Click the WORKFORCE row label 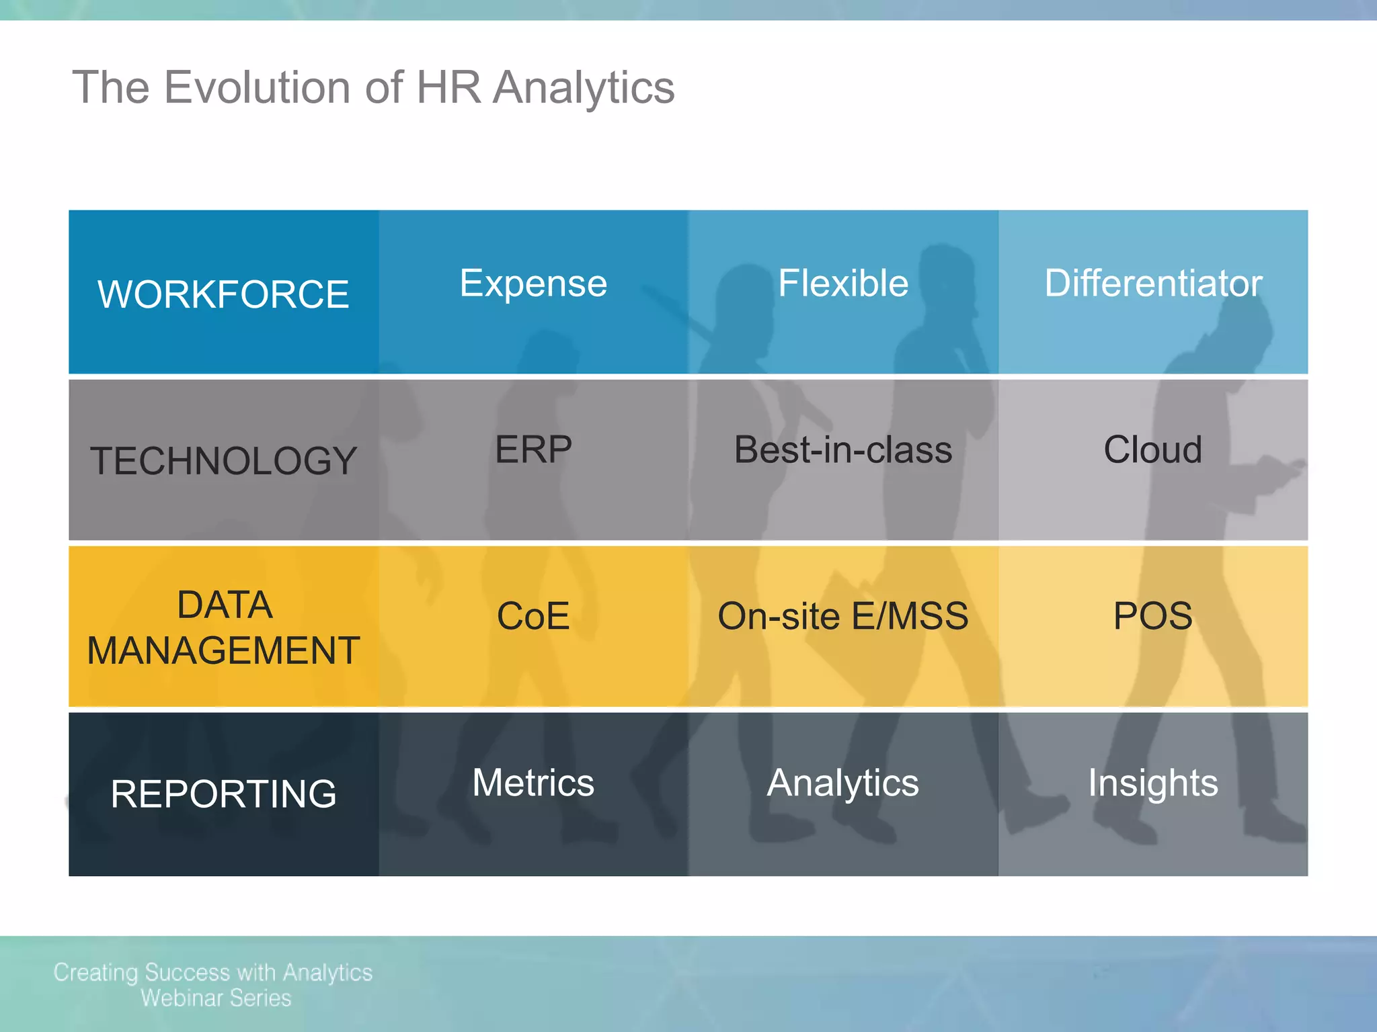tap(223, 294)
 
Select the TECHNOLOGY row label tap(223, 461)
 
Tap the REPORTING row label tap(223, 793)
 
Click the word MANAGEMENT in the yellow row tap(223, 650)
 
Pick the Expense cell tap(533, 283)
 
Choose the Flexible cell tap(843, 283)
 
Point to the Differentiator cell tap(1153, 283)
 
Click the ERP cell tap(533, 449)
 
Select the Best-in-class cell tap(843, 449)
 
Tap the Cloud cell tap(1153, 449)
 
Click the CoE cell tap(533, 616)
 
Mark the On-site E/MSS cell tap(843, 616)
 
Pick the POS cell tap(1153, 616)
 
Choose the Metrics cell tap(533, 783)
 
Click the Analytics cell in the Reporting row tap(843, 783)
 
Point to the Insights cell tap(1153, 783)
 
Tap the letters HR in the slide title tap(448, 87)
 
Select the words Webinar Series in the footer tap(216, 998)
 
